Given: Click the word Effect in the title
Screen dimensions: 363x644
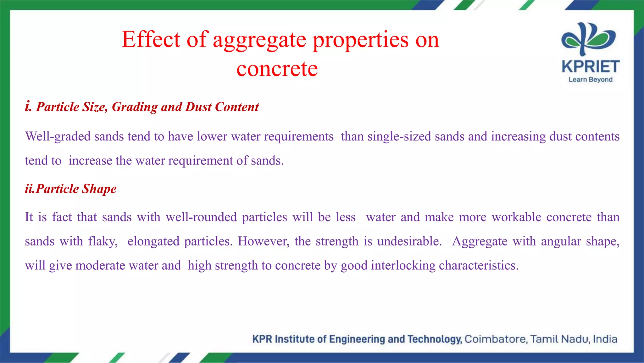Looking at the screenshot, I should (x=151, y=40).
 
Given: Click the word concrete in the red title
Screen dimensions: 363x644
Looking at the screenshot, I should (x=277, y=69).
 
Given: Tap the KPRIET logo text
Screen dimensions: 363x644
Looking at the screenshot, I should (x=591, y=67).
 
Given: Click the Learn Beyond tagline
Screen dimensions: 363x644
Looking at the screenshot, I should (x=591, y=79).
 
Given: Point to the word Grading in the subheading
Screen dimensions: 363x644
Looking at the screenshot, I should (x=135, y=107).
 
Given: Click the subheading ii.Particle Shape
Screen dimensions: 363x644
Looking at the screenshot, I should (x=71, y=189).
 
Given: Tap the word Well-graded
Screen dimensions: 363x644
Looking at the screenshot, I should (x=58, y=137).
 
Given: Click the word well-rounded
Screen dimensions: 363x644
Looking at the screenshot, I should (x=201, y=217).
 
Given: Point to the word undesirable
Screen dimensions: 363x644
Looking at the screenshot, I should (x=409, y=241).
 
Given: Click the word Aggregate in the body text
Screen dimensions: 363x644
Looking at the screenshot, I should (x=480, y=242).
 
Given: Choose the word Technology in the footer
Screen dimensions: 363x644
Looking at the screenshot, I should (x=434, y=339).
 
